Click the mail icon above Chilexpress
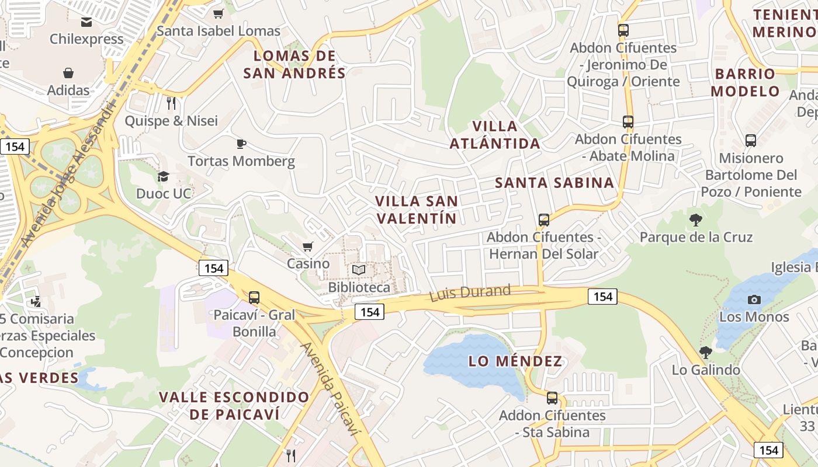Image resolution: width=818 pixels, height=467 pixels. [x=86, y=22]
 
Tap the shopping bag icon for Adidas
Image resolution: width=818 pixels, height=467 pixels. [x=68, y=73]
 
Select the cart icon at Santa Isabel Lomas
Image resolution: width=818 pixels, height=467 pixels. [x=219, y=13]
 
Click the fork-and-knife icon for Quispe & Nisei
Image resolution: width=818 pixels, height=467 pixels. [x=171, y=103]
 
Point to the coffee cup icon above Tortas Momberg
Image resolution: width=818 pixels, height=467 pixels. [x=241, y=144]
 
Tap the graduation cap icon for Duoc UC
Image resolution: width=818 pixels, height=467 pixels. [x=164, y=176]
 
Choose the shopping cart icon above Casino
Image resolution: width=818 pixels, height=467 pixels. [x=308, y=246]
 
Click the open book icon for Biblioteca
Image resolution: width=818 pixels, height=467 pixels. [x=358, y=270]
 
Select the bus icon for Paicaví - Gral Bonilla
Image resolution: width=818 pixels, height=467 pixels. [x=254, y=297]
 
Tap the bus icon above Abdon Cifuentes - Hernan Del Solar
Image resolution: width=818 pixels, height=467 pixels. [x=544, y=220]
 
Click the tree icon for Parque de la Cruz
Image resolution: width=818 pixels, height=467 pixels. [x=695, y=220]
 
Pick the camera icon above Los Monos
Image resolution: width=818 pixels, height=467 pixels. [x=754, y=299]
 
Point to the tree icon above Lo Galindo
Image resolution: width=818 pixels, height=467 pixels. [x=706, y=353]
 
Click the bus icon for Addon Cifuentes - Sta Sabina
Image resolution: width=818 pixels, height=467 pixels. [x=552, y=398]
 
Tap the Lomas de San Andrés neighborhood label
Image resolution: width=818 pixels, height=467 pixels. [x=294, y=64]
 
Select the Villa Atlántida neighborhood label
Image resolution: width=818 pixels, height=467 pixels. [x=495, y=135]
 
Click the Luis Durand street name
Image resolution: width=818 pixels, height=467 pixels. [x=470, y=292]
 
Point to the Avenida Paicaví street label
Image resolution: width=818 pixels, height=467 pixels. [x=328, y=389]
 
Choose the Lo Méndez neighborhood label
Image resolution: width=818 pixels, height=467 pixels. [x=515, y=361]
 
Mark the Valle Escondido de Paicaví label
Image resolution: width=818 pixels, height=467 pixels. [x=234, y=406]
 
